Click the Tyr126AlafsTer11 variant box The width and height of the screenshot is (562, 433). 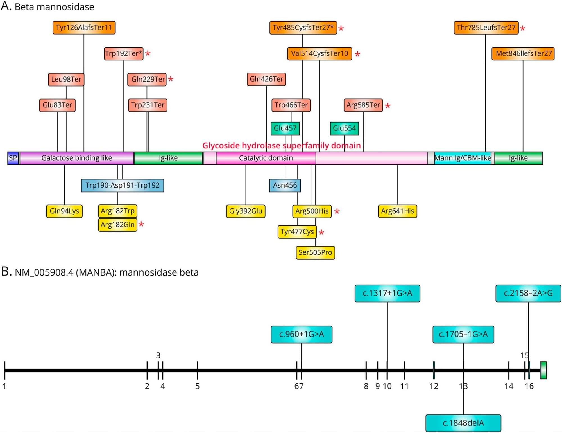point(84,28)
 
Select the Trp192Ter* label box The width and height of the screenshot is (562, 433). point(124,53)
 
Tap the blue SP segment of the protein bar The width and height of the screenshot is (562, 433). point(13,158)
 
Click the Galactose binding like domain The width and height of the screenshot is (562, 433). point(77,158)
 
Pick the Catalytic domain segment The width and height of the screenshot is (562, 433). point(266,158)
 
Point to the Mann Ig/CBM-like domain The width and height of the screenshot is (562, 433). point(463,158)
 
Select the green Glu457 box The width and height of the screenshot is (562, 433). point(285,128)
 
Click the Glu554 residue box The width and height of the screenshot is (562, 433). point(344,128)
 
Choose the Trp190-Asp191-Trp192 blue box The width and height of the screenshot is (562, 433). point(123,185)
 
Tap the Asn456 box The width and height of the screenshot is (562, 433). point(285,185)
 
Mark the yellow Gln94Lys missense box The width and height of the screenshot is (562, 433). point(64,211)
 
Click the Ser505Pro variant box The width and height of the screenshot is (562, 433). point(315,252)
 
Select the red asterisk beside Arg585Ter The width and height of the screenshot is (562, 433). point(388,106)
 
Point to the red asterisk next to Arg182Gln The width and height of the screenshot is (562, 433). point(141,224)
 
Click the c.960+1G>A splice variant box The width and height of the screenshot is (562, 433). point(302,334)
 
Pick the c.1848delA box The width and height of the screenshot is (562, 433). point(463,423)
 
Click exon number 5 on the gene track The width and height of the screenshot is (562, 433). point(198,386)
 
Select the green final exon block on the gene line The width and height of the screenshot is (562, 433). point(543,370)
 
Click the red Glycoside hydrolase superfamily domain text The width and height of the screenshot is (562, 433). point(282,145)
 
